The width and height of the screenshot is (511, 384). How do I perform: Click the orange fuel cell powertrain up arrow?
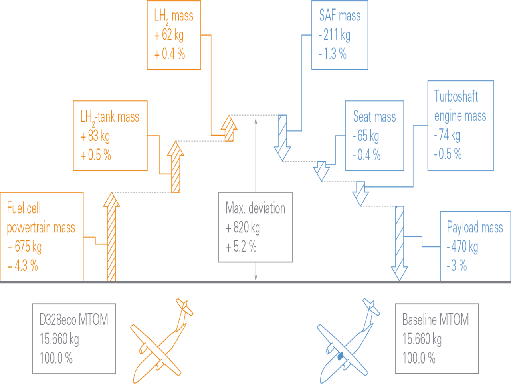pyautogui.click(x=111, y=237)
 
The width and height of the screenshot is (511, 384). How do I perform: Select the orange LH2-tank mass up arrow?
pyautogui.click(x=176, y=167)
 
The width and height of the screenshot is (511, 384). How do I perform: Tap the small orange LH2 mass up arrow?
pyautogui.click(x=229, y=128)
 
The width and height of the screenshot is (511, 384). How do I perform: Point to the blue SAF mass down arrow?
pyautogui.click(x=282, y=138)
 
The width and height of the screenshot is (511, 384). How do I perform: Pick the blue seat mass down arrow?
pyautogui.click(x=321, y=171)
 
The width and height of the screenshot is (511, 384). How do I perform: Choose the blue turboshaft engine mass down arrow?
pyautogui.click(x=360, y=194)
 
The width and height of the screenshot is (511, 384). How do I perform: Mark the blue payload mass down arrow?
pyautogui.click(x=400, y=244)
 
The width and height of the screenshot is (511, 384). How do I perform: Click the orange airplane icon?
pyautogui.click(x=162, y=340)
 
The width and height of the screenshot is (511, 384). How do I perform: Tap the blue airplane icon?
pyautogui.click(x=349, y=340)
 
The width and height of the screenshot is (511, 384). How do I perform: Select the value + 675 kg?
pyautogui.click(x=24, y=246)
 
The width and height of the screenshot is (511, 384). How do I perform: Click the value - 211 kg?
pyautogui.click(x=335, y=35)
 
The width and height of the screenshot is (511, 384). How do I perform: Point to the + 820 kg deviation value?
pyautogui.click(x=243, y=227)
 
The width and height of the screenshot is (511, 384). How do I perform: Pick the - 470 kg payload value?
pyautogui.click(x=462, y=246)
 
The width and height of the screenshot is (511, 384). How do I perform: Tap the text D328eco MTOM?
pyautogui.click(x=74, y=320)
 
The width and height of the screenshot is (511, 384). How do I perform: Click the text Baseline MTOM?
pyautogui.click(x=436, y=320)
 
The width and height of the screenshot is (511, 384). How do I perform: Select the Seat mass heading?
pyautogui.click(x=374, y=116)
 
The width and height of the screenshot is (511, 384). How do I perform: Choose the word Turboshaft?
pyautogui.click(x=456, y=96)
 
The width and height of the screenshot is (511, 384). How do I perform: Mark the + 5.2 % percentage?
pyautogui.click(x=241, y=246)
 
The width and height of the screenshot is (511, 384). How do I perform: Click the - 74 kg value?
pyautogui.click(x=447, y=135)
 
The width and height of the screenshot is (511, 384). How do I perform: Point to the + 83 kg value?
pyautogui.click(x=95, y=136)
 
